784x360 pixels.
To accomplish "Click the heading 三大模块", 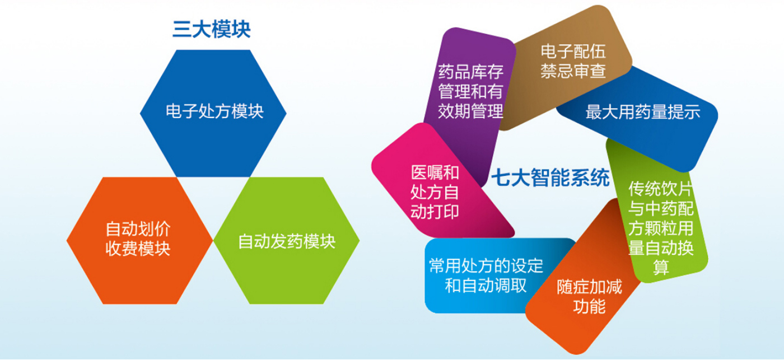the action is click(212, 29).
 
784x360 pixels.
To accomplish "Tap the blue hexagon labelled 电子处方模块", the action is click(213, 113).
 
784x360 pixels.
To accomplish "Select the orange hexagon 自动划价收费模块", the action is click(139, 240).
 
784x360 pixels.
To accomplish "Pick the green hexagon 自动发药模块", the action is click(286, 240).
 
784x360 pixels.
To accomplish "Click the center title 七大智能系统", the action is click(550, 177).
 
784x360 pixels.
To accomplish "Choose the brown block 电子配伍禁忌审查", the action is click(567, 67).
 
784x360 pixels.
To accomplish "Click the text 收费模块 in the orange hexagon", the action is click(138, 249).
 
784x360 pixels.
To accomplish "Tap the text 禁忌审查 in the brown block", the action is click(573, 71).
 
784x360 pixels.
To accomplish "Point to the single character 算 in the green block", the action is click(661, 268).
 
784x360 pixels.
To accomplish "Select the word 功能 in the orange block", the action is click(589, 306).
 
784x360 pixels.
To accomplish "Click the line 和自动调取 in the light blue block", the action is click(486, 286).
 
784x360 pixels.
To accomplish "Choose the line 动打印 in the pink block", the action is click(435, 212).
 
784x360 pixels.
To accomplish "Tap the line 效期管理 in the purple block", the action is click(471, 111).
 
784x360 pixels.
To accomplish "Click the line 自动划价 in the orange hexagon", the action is click(138, 229).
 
